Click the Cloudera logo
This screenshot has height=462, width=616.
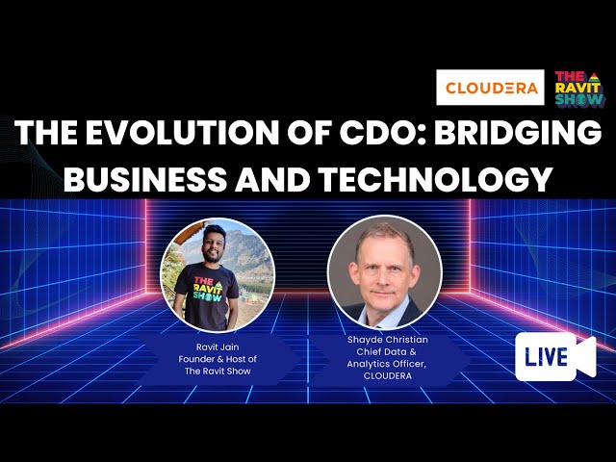488,88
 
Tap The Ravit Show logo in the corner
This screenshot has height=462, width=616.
580,88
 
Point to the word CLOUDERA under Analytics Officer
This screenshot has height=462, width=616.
387,376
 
